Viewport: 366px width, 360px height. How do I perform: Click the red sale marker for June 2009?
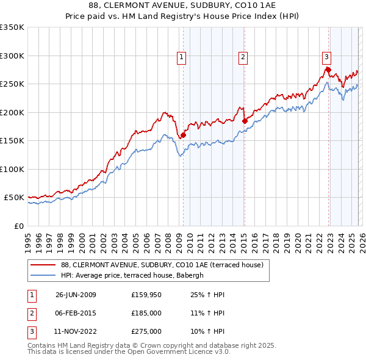(x=183, y=135)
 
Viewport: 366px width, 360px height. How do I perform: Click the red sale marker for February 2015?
(x=244, y=121)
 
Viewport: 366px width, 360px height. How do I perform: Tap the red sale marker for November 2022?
(x=328, y=70)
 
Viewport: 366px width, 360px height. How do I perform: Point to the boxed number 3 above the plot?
(x=326, y=57)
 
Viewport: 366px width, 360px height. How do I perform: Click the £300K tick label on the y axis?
(x=12, y=56)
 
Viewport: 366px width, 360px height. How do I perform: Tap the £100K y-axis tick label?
(x=12, y=169)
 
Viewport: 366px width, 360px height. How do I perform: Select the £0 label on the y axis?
(x=18, y=226)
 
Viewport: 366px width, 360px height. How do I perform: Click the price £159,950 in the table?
(x=146, y=295)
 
